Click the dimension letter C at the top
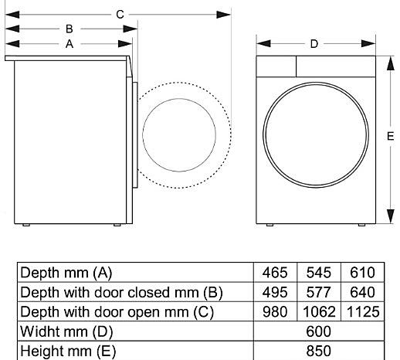pyautogui.click(x=120, y=15)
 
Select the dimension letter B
pyautogui.click(x=69, y=29)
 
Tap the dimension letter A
pyautogui.click(x=69, y=44)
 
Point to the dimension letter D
pyautogui.click(x=314, y=44)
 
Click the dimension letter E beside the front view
pyautogui.click(x=390, y=136)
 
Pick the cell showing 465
pyautogui.click(x=275, y=273)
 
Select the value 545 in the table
pyautogui.click(x=319, y=273)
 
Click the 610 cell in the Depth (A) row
pyautogui.click(x=362, y=273)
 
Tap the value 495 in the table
pyautogui.click(x=275, y=292)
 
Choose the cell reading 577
pyautogui.click(x=319, y=292)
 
